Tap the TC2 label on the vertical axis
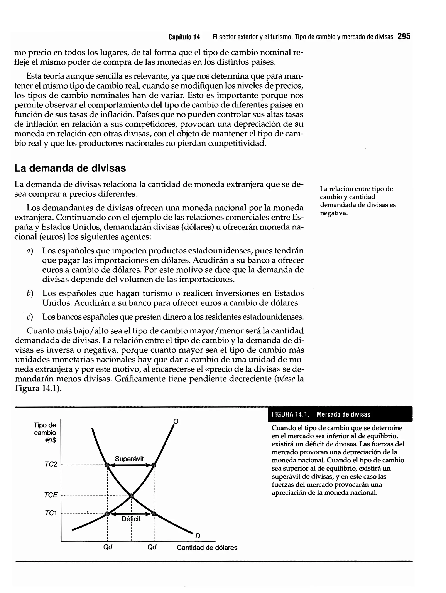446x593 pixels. click(51, 464)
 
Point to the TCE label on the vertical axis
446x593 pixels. click(51, 495)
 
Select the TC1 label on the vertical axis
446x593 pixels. click(51, 513)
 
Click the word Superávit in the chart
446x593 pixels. click(129, 459)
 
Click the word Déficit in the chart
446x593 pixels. click(131, 519)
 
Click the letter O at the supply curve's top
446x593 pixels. click(176, 421)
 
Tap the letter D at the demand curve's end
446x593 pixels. click(198, 536)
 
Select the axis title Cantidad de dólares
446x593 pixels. click(207, 547)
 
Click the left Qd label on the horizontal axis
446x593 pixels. click(108, 547)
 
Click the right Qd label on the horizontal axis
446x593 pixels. click(152, 547)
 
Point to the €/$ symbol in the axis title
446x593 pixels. click(51, 440)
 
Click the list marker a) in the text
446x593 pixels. click(30, 251)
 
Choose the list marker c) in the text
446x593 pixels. click(30, 317)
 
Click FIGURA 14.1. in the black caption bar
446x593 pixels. click(290, 414)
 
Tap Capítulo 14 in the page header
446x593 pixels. click(184, 37)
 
